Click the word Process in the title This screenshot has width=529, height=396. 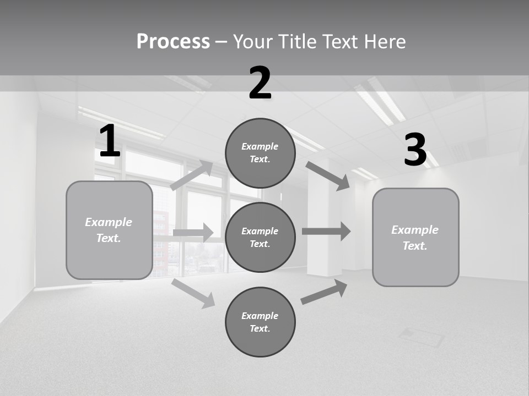[x=173, y=42]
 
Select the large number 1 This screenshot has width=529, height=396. [x=110, y=141]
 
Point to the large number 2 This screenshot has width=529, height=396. [x=260, y=84]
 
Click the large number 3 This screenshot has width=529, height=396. [x=415, y=150]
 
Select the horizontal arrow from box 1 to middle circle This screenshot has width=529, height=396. [x=193, y=233]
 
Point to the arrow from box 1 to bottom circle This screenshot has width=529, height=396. [x=193, y=293]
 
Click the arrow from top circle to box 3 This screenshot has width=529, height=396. [x=327, y=176]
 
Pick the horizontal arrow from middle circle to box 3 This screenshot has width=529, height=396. [x=326, y=231]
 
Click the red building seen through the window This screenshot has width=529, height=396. [x=160, y=242]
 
